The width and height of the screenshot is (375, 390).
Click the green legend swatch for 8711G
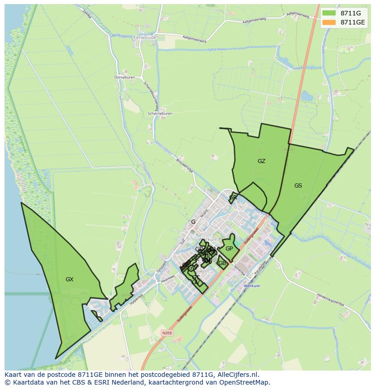pos(329,13)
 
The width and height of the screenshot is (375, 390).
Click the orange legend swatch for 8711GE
pos(329,22)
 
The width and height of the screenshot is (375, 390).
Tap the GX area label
pos(69,279)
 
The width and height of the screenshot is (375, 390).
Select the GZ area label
pos(261,161)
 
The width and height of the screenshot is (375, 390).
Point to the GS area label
pos(298,186)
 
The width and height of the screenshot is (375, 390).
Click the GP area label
pos(229,249)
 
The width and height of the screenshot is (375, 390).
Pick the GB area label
pos(222,263)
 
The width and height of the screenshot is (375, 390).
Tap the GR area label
pos(233,197)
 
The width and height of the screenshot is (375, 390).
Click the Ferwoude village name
pos(145,38)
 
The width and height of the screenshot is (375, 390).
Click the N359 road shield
pos(167,333)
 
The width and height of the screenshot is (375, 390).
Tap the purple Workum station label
pos(252,286)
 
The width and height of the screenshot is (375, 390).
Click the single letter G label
pos(193,222)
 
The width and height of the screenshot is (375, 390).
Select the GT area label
pos(196,277)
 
